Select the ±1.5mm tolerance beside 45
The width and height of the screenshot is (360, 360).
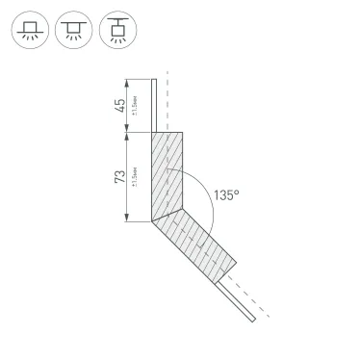tap(135, 106)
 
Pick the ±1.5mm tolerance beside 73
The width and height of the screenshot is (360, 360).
tap(135, 178)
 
